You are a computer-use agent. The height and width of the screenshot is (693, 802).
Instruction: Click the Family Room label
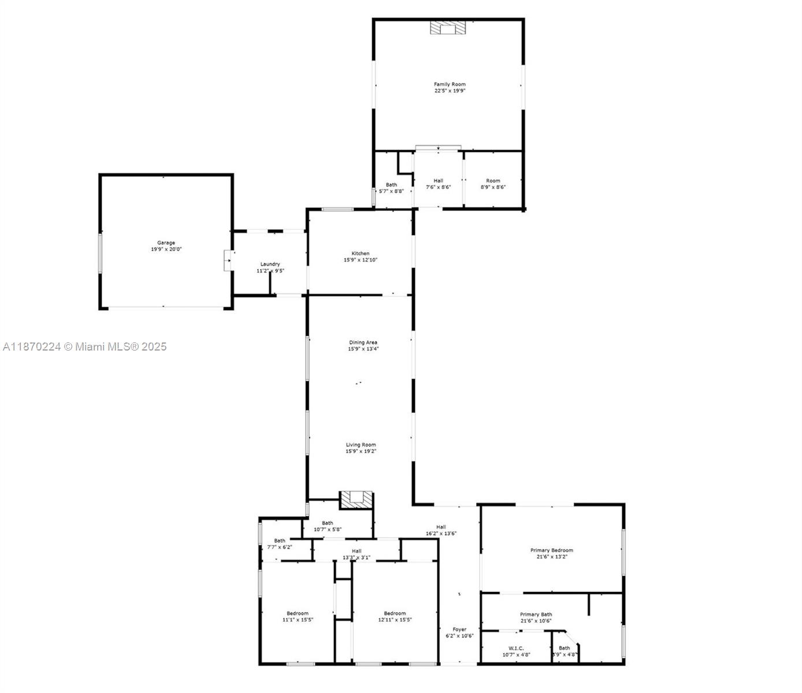450,84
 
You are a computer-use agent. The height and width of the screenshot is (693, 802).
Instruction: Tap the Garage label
166,243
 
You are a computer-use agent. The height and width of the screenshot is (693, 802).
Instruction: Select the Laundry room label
270,264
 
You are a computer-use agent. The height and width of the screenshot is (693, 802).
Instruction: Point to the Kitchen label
361,254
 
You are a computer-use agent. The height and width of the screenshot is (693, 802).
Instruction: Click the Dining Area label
363,342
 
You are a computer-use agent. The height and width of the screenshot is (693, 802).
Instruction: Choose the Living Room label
361,445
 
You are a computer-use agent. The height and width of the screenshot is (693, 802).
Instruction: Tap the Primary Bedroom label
551,550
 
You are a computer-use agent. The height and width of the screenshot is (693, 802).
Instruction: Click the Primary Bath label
536,614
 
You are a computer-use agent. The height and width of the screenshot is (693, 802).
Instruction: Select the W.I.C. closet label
516,648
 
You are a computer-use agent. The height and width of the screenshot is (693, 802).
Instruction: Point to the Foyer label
459,629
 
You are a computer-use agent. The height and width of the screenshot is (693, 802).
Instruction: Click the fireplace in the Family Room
448,28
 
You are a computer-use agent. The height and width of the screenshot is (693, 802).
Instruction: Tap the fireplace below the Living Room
355,499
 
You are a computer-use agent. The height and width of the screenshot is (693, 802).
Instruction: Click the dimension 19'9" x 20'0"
166,249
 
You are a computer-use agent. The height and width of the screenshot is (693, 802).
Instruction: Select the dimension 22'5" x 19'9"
450,91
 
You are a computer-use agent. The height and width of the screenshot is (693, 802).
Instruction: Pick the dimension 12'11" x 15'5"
395,620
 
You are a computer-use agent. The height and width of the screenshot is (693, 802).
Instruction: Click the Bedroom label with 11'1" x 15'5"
298,613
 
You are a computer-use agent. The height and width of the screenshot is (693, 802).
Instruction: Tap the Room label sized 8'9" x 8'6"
493,181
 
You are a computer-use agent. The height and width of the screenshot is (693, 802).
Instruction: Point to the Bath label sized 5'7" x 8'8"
391,185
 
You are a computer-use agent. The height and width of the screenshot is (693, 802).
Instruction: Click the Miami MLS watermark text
85,346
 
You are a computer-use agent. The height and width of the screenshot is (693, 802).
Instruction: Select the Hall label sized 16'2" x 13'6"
441,527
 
